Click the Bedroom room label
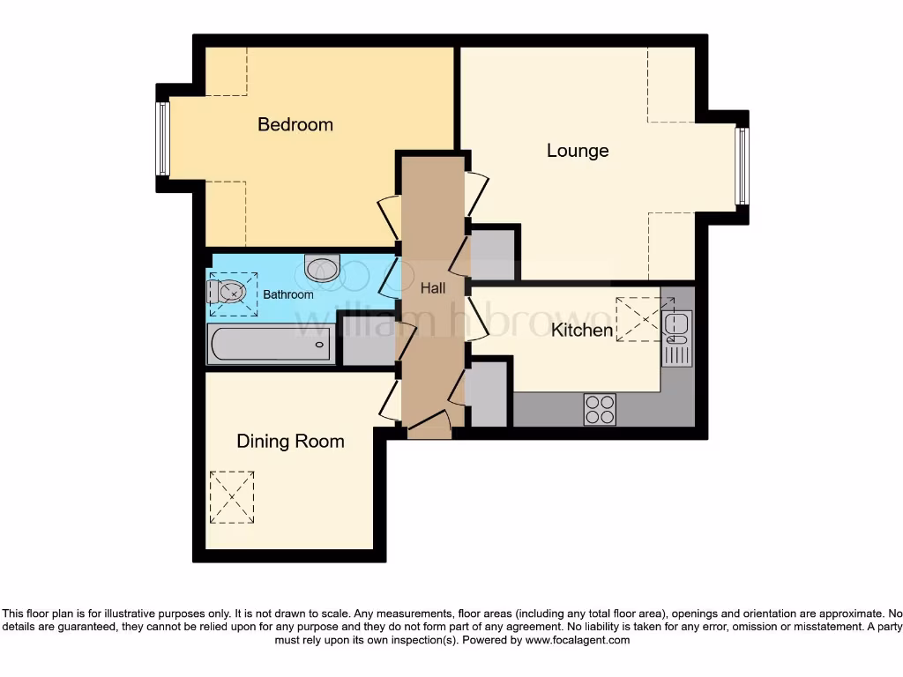pos(295,124)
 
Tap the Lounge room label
pos(578,151)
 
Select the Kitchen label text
pos(582,331)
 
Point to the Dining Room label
pos(290,441)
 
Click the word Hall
pos(432,288)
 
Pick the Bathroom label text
pos(288,294)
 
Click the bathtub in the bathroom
pos(270,344)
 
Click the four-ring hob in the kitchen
pos(600,409)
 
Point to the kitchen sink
pos(677,327)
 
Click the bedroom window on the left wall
pos(162,138)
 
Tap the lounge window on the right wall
pos(742,166)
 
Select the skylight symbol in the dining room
pos(232,497)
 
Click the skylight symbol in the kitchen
pos(637,319)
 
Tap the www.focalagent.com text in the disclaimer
pos(577,641)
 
